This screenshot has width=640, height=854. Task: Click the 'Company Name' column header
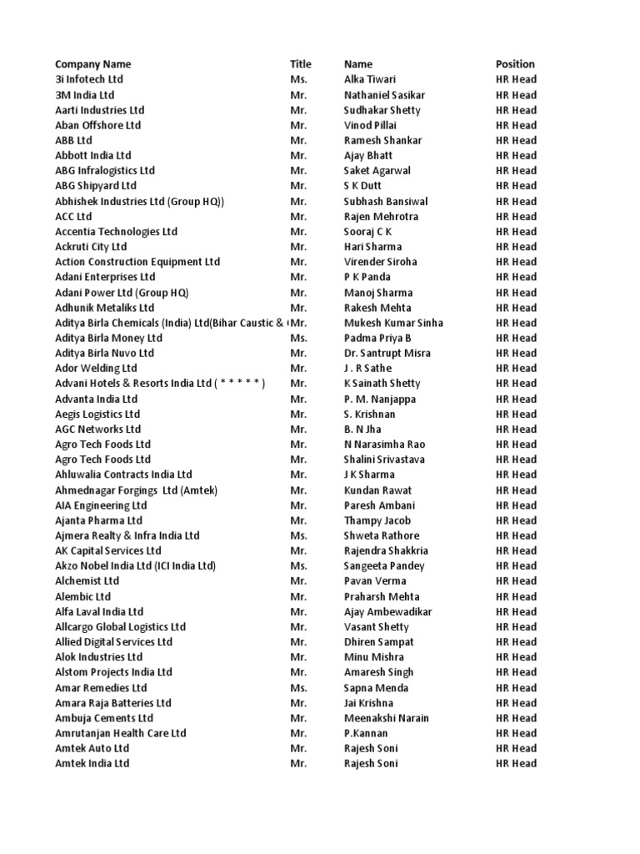(92, 64)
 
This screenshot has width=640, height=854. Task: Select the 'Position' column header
(515, 64)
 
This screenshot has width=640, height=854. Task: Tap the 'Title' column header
(300, 64)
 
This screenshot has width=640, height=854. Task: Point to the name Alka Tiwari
(370, 79)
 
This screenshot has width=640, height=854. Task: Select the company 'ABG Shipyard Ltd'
(96, 186)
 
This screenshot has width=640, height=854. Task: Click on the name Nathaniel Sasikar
(382, 95)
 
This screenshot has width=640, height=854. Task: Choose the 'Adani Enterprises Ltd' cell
(105, 277)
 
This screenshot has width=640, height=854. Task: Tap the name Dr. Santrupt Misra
(387, 353)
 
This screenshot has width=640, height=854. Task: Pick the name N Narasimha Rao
(384, 445)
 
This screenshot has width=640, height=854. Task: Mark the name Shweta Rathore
(382, 535)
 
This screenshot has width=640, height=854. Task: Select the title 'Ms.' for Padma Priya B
(298, 338)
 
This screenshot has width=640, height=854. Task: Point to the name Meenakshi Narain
(387, 718)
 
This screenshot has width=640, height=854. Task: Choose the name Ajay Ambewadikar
(388, 611)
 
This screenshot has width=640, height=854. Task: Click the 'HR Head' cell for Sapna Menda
(516, 688)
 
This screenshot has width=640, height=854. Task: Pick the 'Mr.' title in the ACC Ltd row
(298, 216)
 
